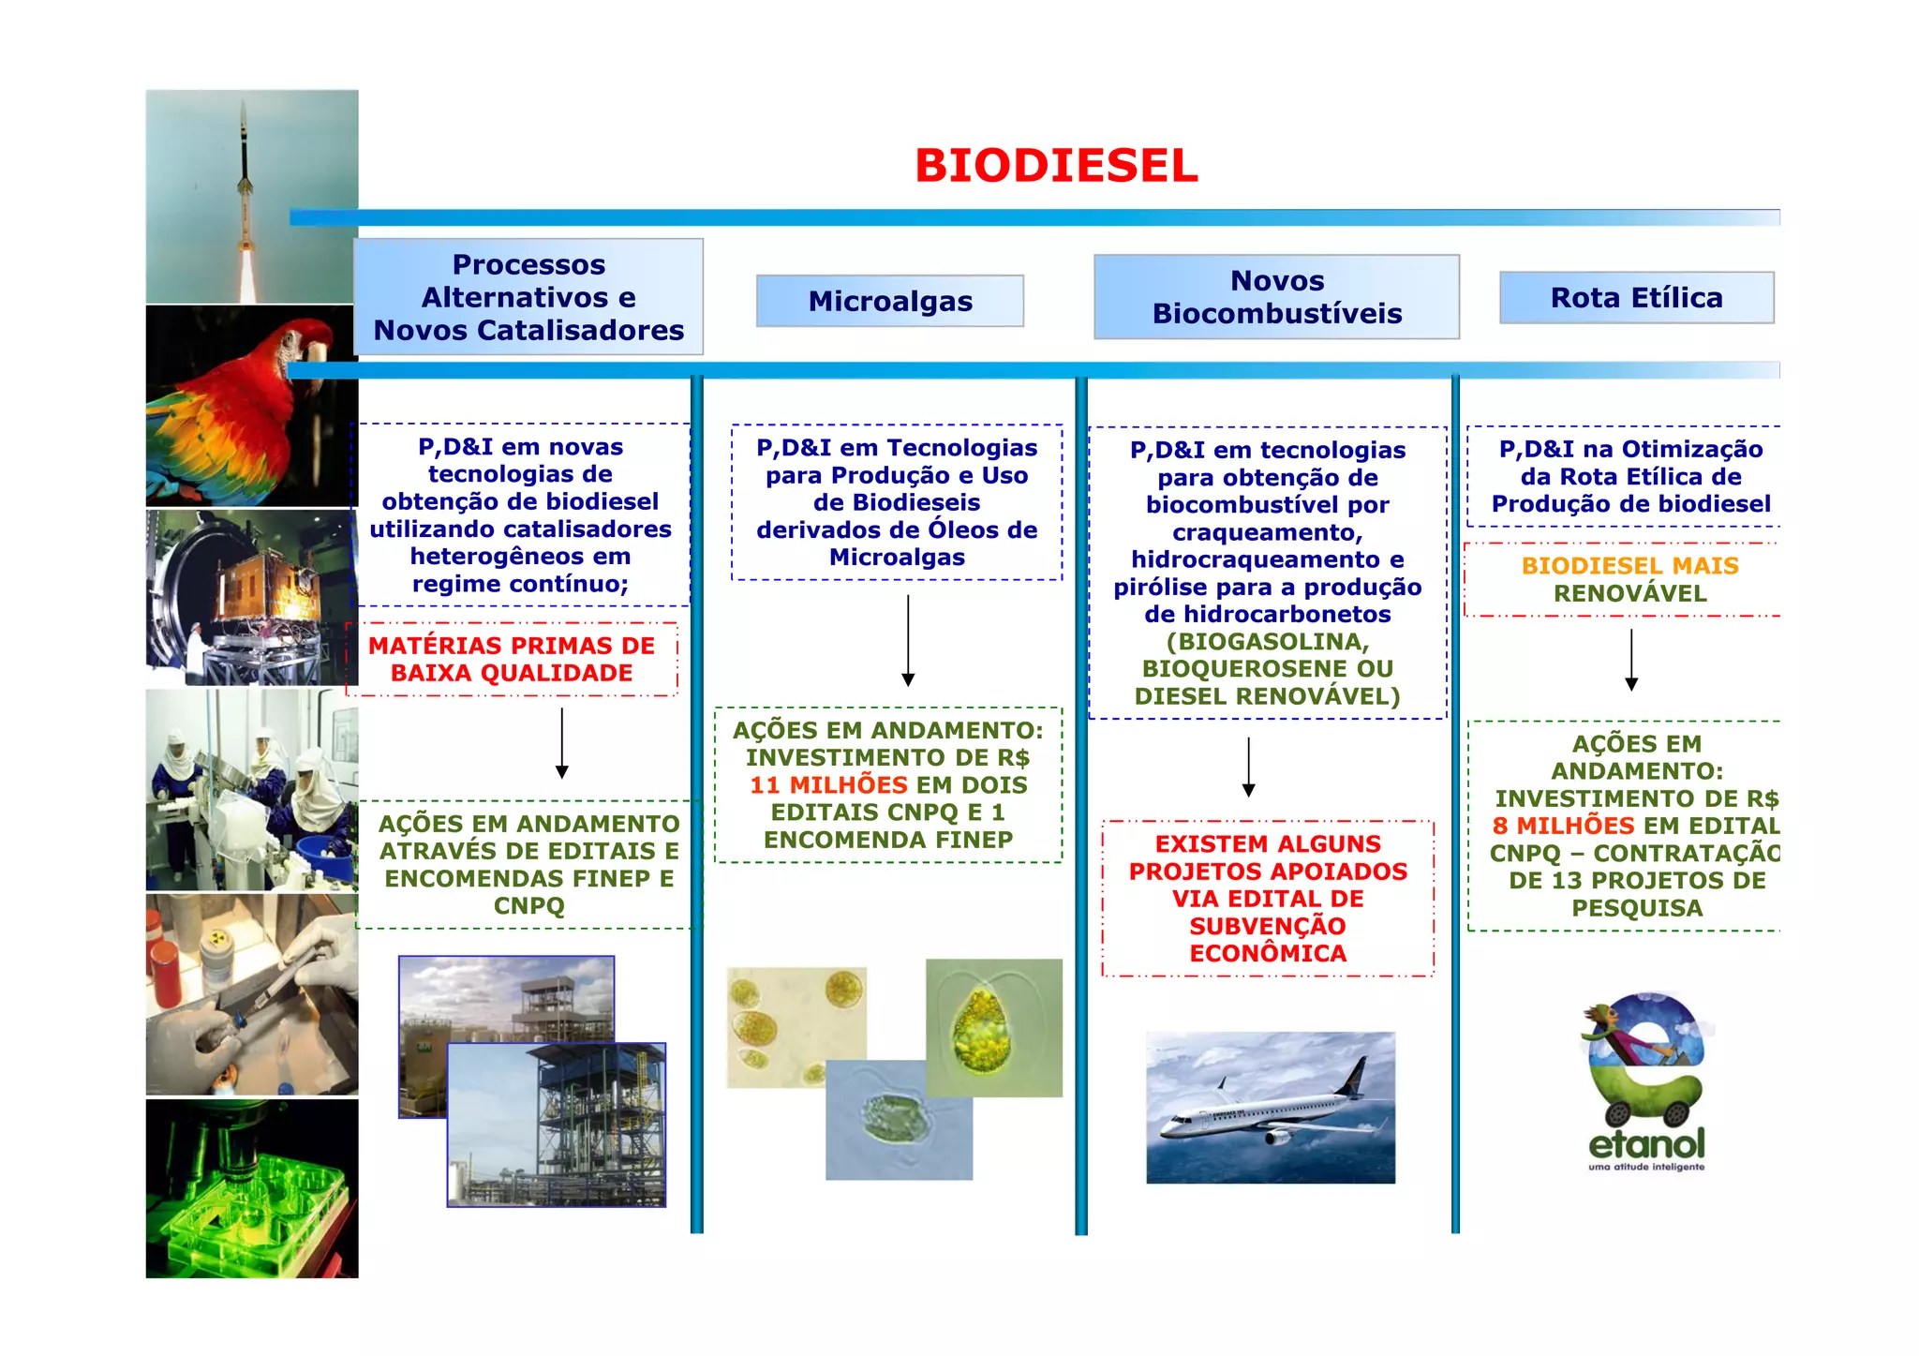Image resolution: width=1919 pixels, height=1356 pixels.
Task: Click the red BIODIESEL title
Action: pyautogui.click(x=1056, y=166)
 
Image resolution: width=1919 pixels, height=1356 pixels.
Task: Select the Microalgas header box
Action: pyautogui.click(x=889, y=301)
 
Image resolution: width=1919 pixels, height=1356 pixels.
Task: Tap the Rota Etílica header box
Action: pyautogui.click(x=1636, y=298)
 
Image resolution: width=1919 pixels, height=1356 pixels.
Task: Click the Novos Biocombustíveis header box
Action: pyautogui.click(x=1276, y=297)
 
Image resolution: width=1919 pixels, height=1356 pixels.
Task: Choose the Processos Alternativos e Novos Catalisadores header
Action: pyautogui.click(x=528, y=297)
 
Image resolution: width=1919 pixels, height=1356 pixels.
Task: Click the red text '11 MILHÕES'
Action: pyautogui.click(x=828, y=785)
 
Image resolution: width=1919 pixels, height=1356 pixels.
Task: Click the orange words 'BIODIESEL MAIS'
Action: pyautogui.click(x=1629, y=566)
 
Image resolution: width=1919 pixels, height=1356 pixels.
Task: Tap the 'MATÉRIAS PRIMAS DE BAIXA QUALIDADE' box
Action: pyautogui.click(x=512, y=659)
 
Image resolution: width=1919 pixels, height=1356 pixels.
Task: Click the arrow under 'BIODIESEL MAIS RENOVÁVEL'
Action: pyautogui.click(x=1631, y=660)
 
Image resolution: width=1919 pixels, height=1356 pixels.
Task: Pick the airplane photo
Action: pyautogui.click(x=1270, y=1108)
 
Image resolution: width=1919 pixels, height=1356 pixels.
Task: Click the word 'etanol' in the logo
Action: pyautogui.click(x=1646, y=1144)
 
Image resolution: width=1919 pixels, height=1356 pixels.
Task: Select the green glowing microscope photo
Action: pyautogui.click(x=251, y=1188)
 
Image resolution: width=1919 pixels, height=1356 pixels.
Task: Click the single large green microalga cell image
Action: pyautogui.click(x=993, y=1027)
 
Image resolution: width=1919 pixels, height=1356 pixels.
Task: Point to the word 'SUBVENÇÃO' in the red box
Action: pyautogui.click(x=1267, y=926)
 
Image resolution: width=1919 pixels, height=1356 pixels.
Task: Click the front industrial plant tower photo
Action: pyautogui.click(x=557, y=1125)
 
